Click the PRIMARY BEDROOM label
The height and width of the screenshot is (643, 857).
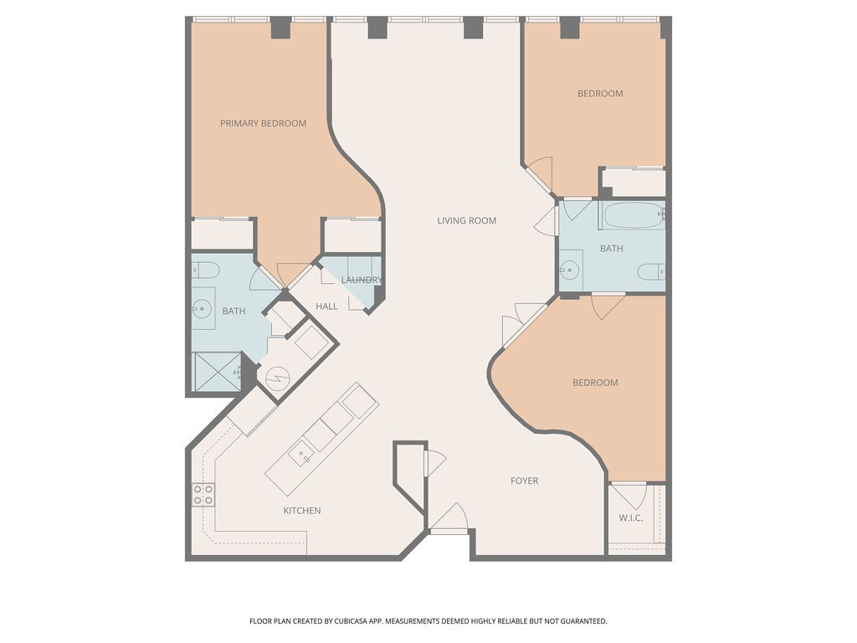pos(263,124)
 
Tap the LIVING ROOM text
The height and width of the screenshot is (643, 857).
pos(467,221)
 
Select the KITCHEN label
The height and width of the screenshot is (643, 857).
pos(301,511)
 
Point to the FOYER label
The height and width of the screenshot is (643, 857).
pos(524,481)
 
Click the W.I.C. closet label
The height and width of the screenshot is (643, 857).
pos(631,517)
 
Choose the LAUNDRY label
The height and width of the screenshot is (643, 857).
pos(362,280)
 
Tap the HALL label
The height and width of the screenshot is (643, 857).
pos(327,306)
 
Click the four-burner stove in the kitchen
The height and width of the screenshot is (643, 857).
pos(203,495)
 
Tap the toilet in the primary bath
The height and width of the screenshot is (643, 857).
pos(206,270)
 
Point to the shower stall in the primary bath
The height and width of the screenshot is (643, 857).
pos(218,372)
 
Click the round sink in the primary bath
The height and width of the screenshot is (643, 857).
pos(203,308)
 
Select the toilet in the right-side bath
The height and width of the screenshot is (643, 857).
pos(651,271)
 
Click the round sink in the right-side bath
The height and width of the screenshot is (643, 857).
pos(569,270)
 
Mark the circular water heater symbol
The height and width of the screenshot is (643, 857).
pos(277,378)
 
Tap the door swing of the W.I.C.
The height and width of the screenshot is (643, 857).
pos(629,496)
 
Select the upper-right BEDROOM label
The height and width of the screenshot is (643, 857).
pos(600,94)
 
